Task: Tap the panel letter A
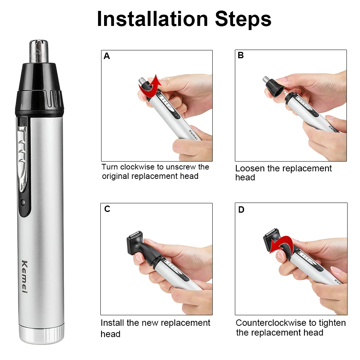click(107, 56)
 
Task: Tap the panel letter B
click(241, 56)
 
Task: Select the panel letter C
click(107, 209)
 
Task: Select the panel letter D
click(241, 210)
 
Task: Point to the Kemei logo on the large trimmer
click(26, 277)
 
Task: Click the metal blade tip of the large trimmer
click(39, 52)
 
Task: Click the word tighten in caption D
click(332, 323)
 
